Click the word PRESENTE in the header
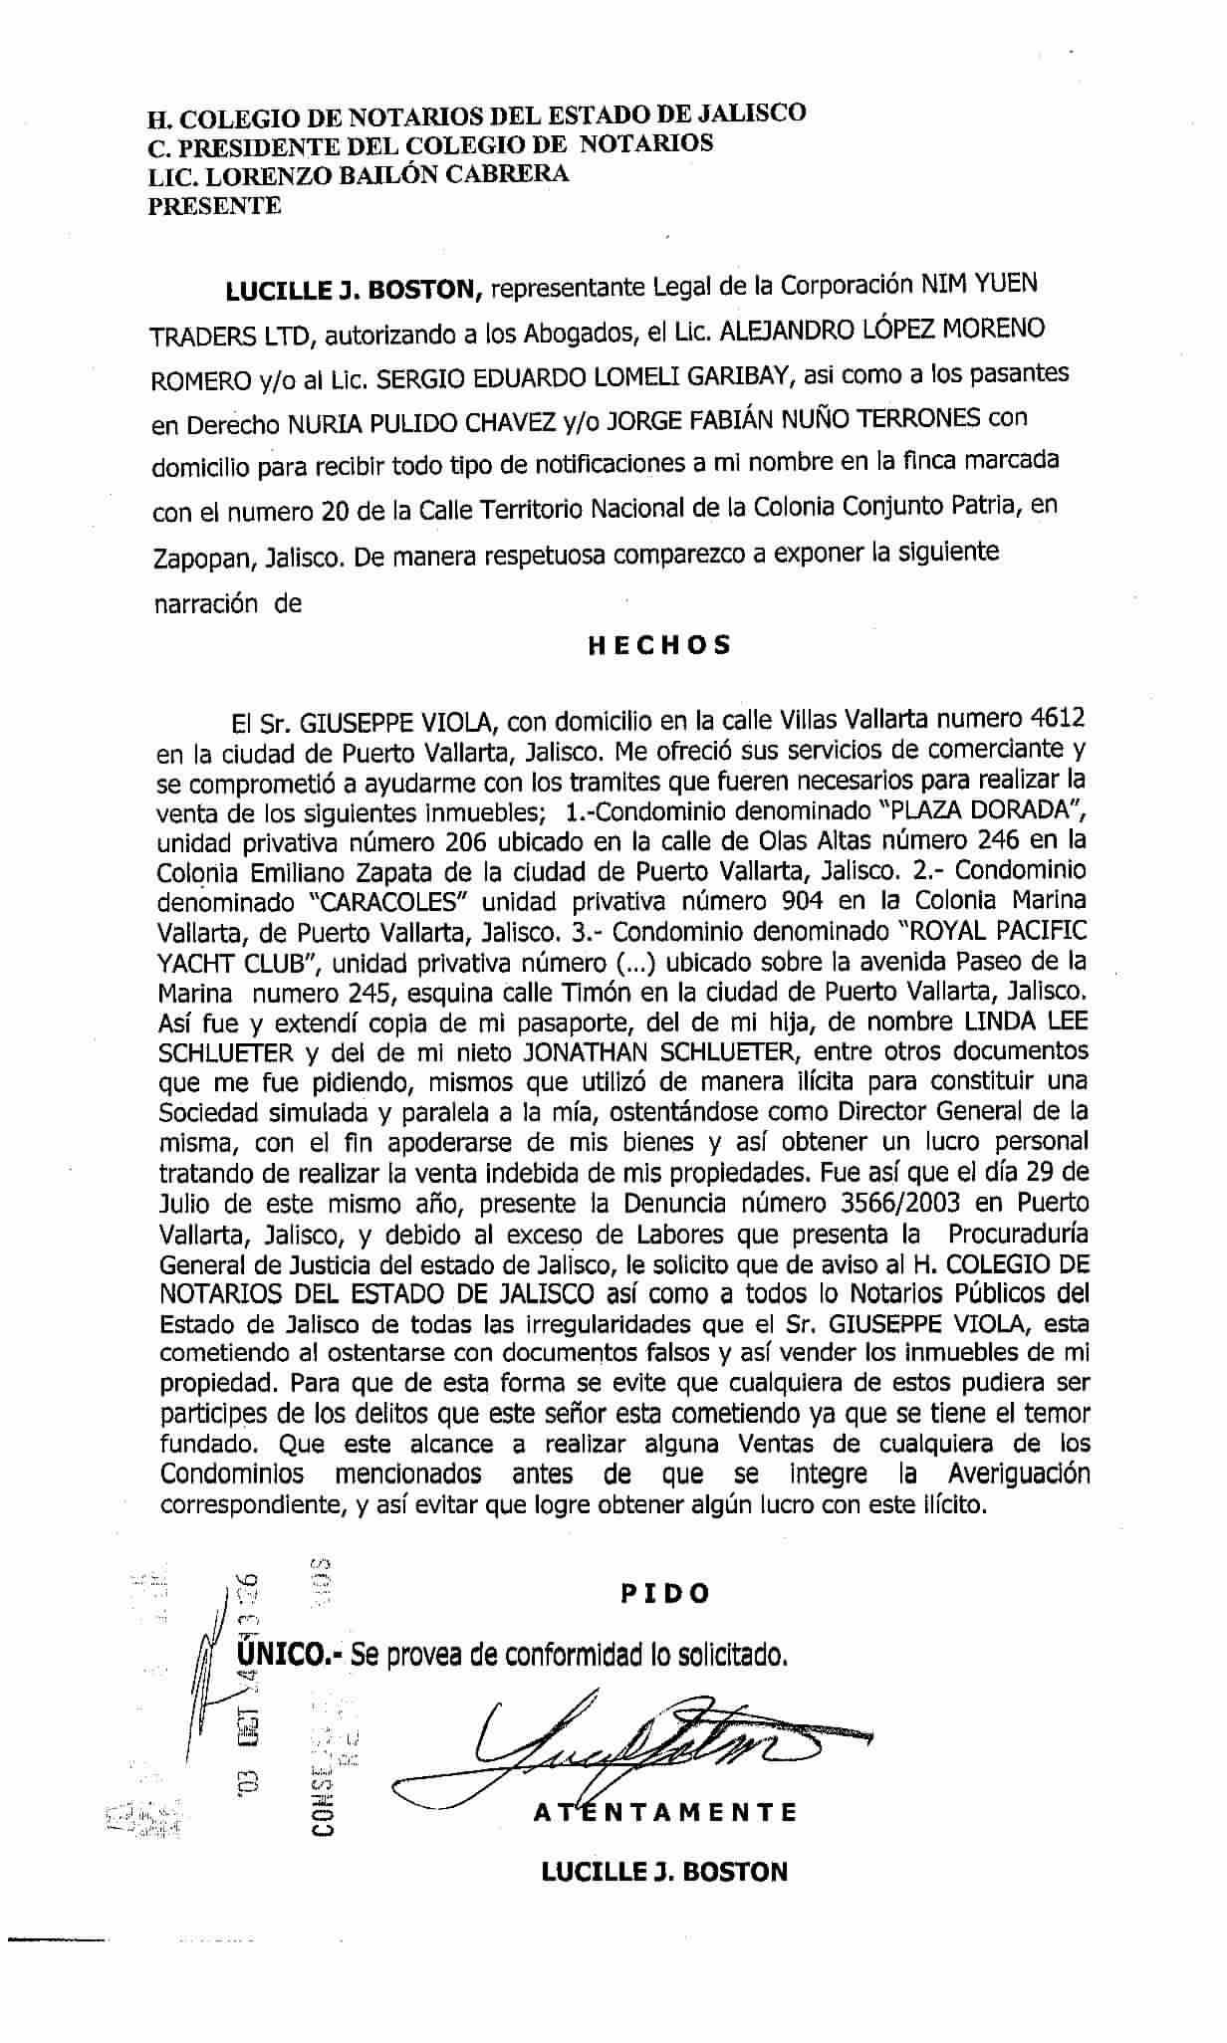[x=214, y=207]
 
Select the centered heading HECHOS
[x=659, y=644]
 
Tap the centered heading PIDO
[x=665, y=1593]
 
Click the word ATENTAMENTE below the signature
[x=665, y=1812]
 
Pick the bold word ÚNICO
[x=288, y=1655]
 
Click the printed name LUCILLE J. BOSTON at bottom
[x=663, y=1872]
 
